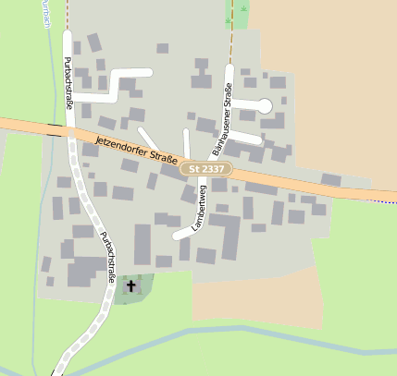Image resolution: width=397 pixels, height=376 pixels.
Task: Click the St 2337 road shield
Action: pyautogui.click(x=205, y=169)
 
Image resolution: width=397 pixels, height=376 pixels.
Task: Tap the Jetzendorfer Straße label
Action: pyautogui.click(x=135, y=148)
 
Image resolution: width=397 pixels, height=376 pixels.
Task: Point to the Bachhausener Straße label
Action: pyautogui.click(x=222, y=118)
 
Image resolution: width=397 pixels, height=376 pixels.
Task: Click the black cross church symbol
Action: pyautogui.click(x=130, y=286)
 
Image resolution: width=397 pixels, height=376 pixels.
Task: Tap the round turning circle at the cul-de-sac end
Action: pyautogui.click(x=265, y=105)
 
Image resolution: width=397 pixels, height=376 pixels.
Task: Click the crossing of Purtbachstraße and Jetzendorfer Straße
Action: pyautogui.click(x=69, y=131)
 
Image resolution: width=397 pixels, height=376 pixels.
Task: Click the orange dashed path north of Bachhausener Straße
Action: pyautogui.click(x=230, y=37)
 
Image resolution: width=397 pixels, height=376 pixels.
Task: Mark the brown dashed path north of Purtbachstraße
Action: pyautogui.click(x=67, y=14)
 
